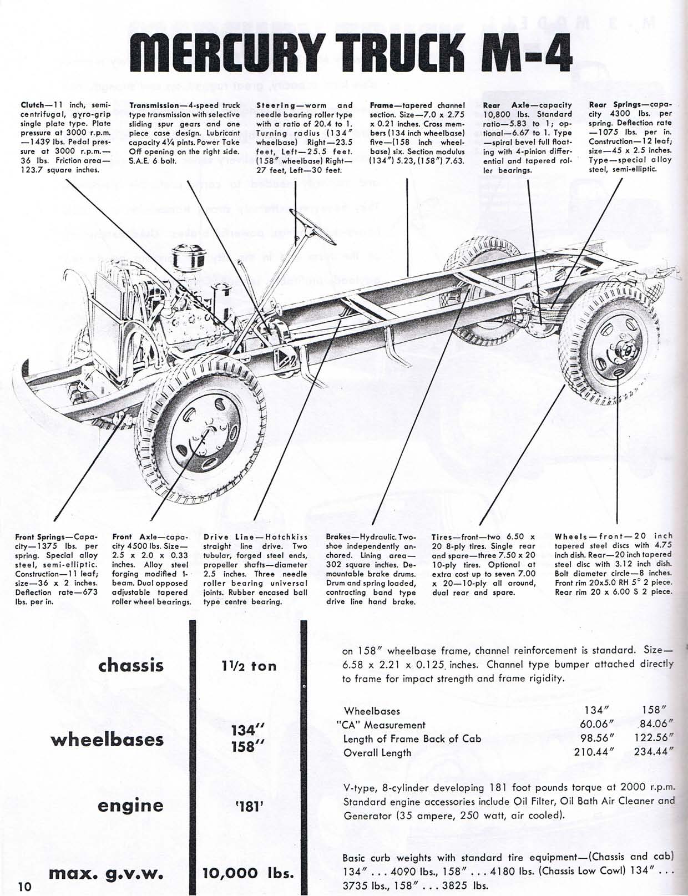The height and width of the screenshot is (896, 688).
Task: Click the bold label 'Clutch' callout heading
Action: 33,105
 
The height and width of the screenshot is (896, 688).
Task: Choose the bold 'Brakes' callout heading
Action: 341,537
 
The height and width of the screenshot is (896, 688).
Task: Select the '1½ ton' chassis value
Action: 249,666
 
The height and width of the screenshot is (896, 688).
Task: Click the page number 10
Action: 24,885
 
